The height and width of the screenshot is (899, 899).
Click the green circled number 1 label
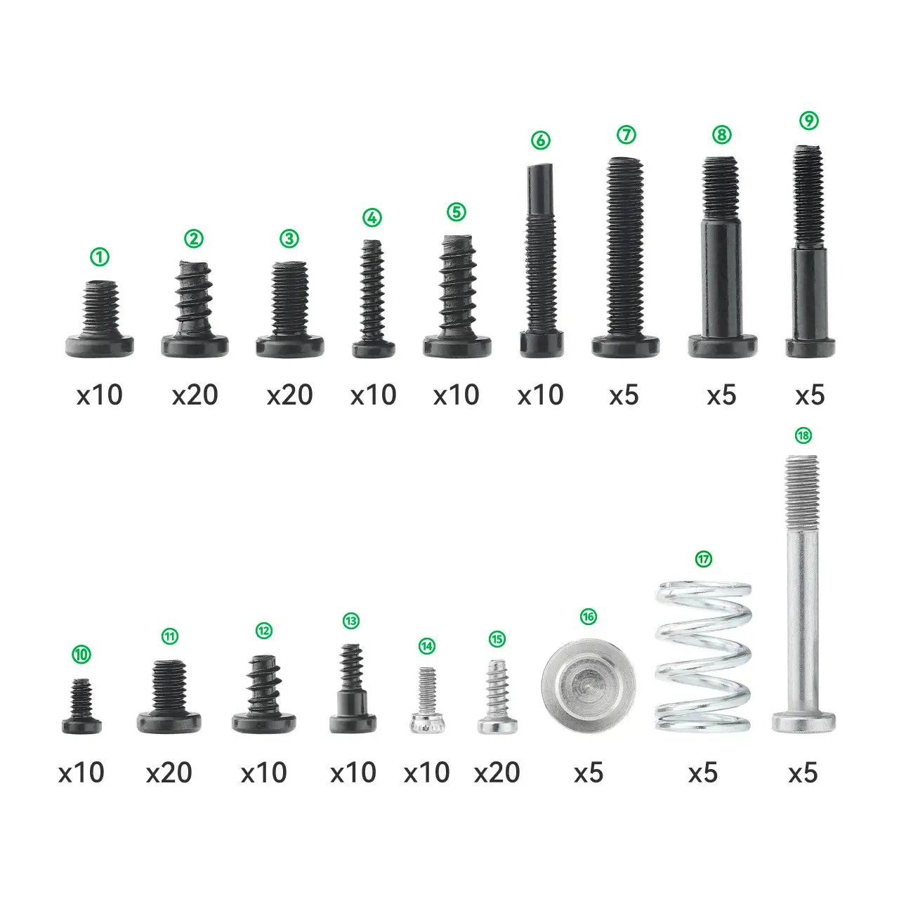[x=99, y=257]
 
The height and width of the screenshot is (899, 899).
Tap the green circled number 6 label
[x=541, y=140]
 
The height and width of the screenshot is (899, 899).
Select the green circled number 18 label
[x=803, y=435]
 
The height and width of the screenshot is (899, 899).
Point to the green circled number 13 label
[x=351, y=621]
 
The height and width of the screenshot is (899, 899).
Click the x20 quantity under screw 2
[x=195, y=395]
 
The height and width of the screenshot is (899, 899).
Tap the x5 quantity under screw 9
[x=810, y=395]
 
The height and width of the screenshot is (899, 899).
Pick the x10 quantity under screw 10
[x=81, y=773]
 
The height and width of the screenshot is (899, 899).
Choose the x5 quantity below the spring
[x=703, y=773]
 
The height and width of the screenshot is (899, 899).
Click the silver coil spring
[x=703, y=657]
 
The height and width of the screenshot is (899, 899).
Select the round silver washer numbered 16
[x=589, y=685]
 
